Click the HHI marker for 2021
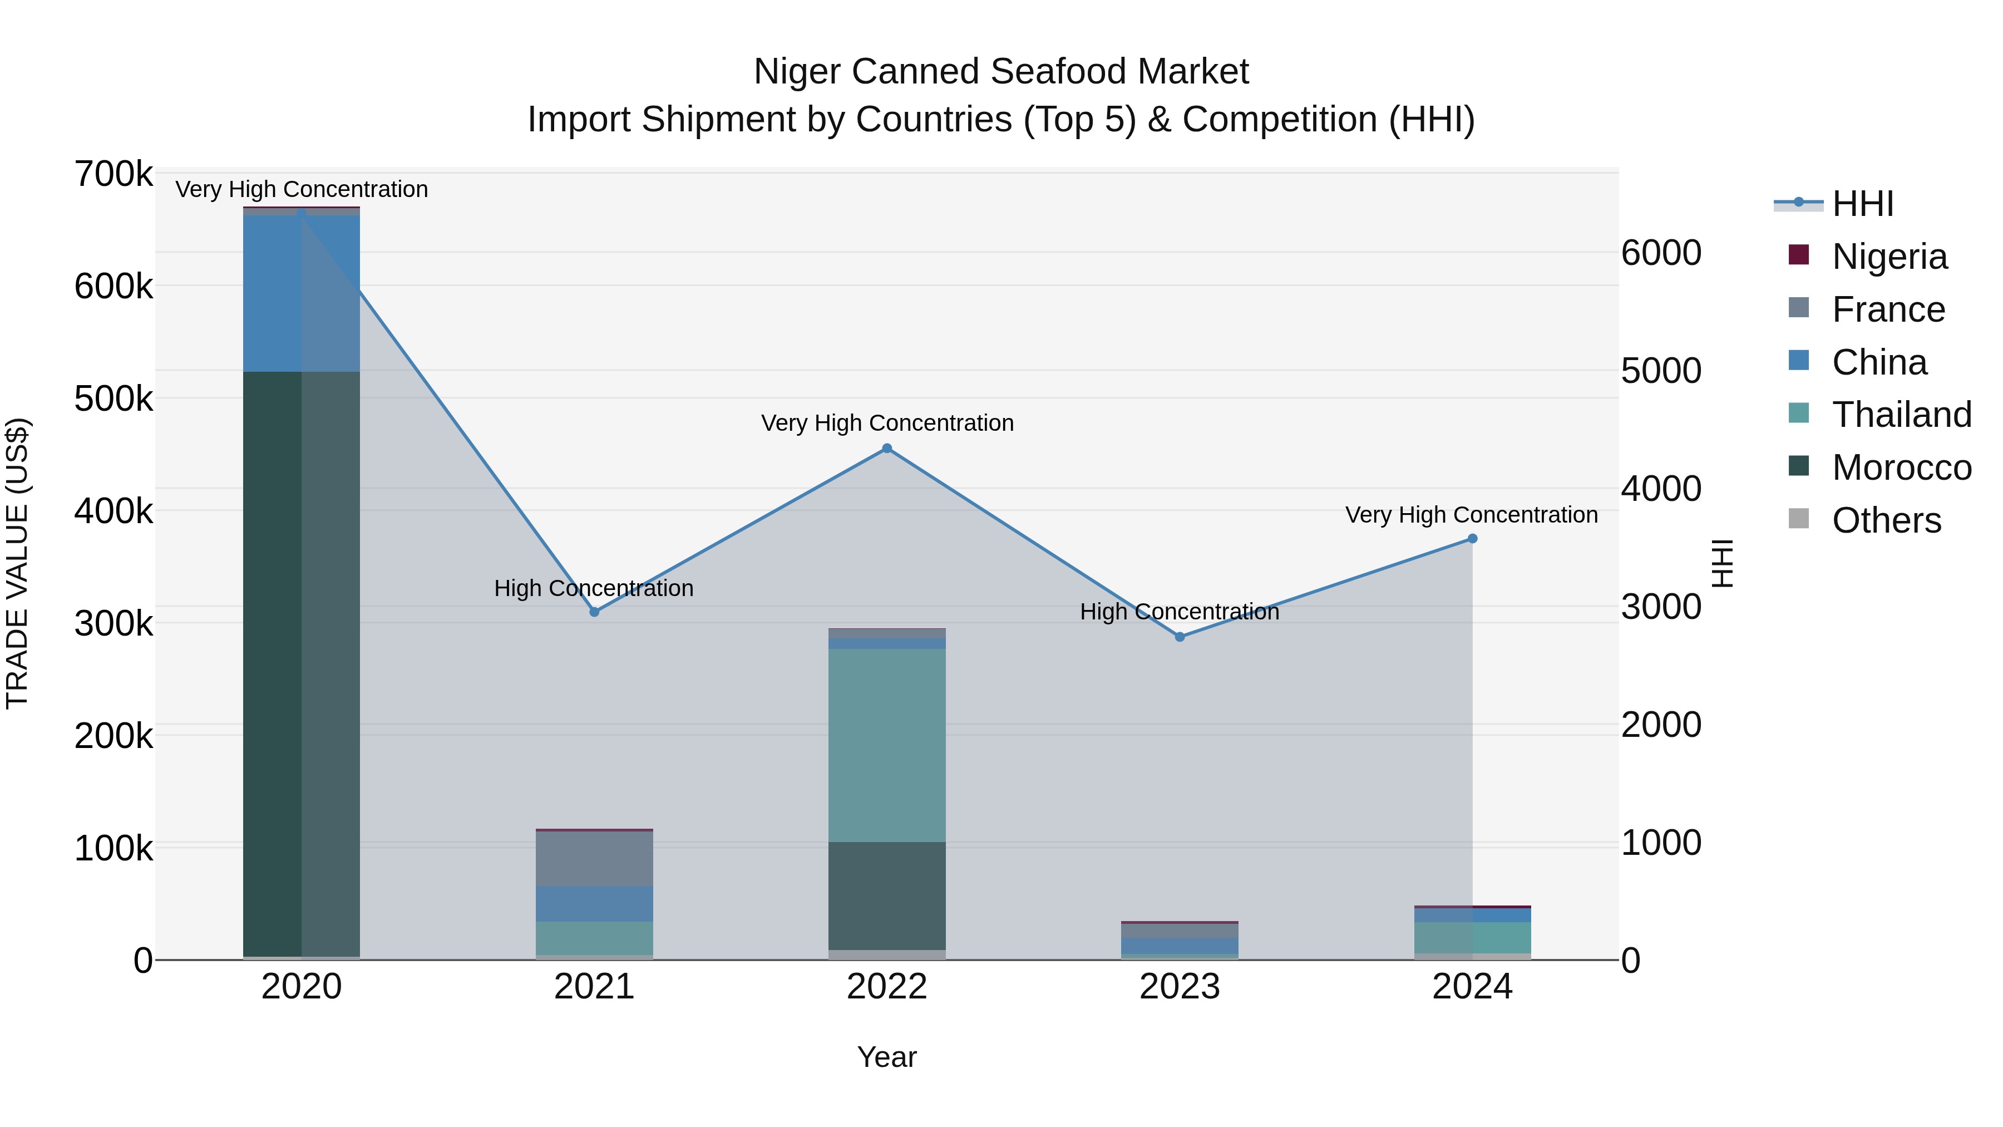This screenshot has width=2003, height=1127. pyautogui.click(x=594, y=612)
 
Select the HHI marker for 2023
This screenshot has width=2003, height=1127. pyautogui.click(x=1180, y=637)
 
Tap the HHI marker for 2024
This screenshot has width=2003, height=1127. pyautogui.click(x=1472, y=539)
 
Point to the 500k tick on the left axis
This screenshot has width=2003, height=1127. pyautogui.click(x=114, y=399)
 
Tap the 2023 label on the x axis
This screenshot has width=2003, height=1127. pyautogui.click(x=1180, y=987)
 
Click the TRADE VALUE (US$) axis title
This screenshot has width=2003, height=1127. pyautogui.click(x=17, y=563)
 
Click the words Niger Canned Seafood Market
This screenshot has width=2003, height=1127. pyautogui.click(x=1001, y=72)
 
